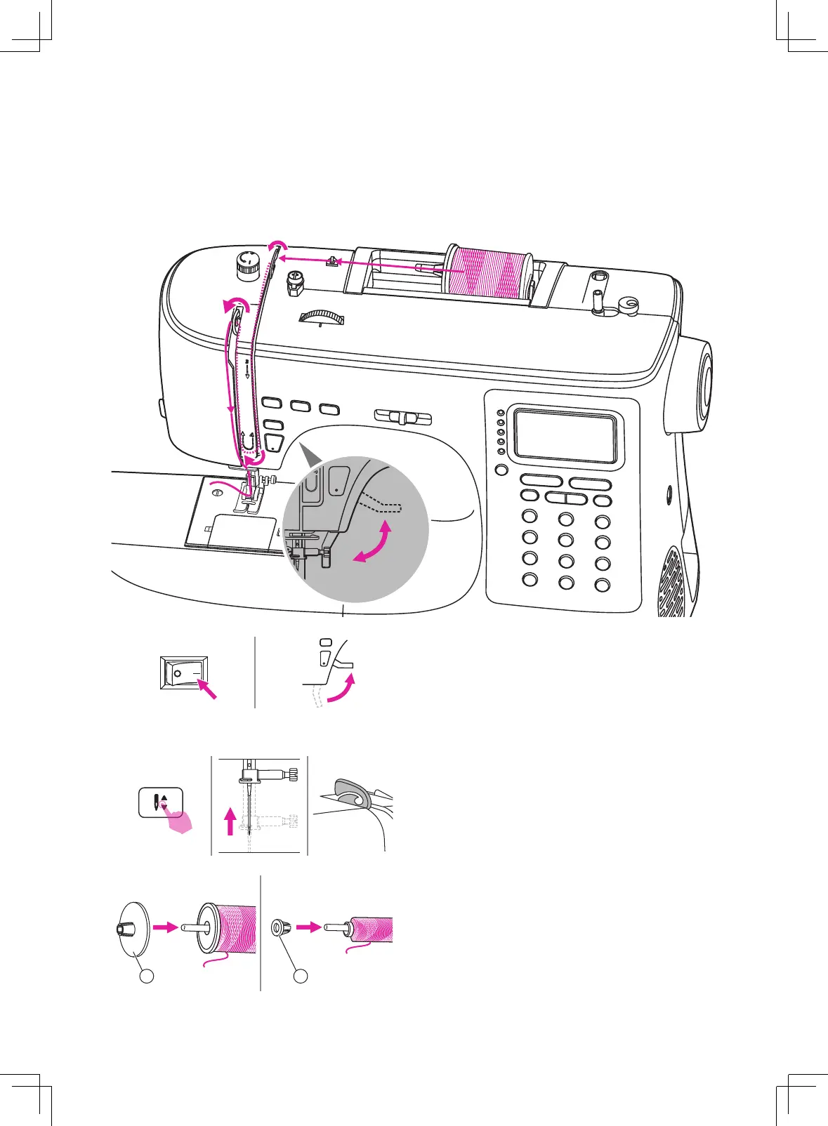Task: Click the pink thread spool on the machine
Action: (x=489, y=272)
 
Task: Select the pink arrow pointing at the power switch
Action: (x=207, y=689)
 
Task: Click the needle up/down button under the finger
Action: (x=161, y=802)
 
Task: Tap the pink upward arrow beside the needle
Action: (x=230, y=821)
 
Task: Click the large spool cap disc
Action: (x=133, y=929)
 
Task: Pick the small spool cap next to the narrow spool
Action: (x=278, y=928)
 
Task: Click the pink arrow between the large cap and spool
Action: (x=166, y=927)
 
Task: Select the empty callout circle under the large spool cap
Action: (x=146, y=976)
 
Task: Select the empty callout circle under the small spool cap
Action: (x=301, y=976)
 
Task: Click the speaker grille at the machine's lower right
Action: (x=673, y=583)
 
